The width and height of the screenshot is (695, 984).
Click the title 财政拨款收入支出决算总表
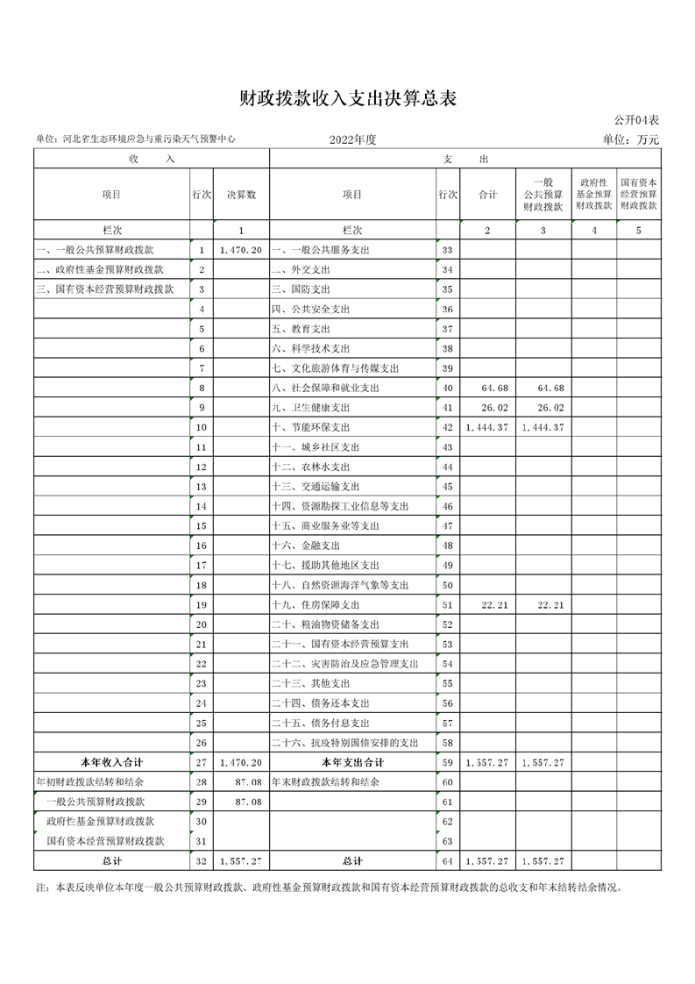point(348,98)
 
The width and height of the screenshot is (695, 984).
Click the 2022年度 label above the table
point(352,139)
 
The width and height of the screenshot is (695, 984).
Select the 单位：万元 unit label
point(630,139)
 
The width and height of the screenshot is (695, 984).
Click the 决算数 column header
point(241,195)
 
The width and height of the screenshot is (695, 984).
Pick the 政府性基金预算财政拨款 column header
point(592,195)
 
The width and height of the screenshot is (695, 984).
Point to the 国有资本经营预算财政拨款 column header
point(638,195)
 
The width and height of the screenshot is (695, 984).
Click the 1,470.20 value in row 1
point(241,250)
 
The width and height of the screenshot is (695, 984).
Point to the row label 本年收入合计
point(111,763)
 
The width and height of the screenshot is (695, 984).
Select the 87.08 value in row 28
point(248,782)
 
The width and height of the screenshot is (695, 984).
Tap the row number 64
point(447,862)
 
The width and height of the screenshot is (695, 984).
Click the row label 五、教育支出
point(301,329)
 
